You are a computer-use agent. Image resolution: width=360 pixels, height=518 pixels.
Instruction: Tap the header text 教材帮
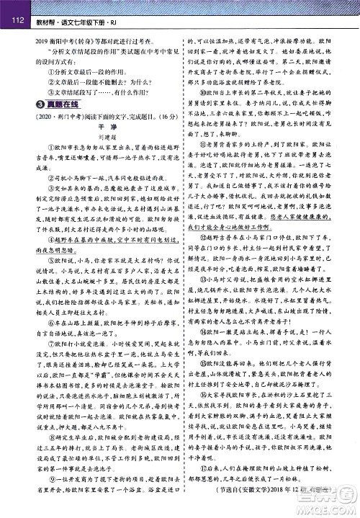coord(47,20)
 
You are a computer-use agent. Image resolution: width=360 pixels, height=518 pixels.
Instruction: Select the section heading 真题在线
coord(58,106)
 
